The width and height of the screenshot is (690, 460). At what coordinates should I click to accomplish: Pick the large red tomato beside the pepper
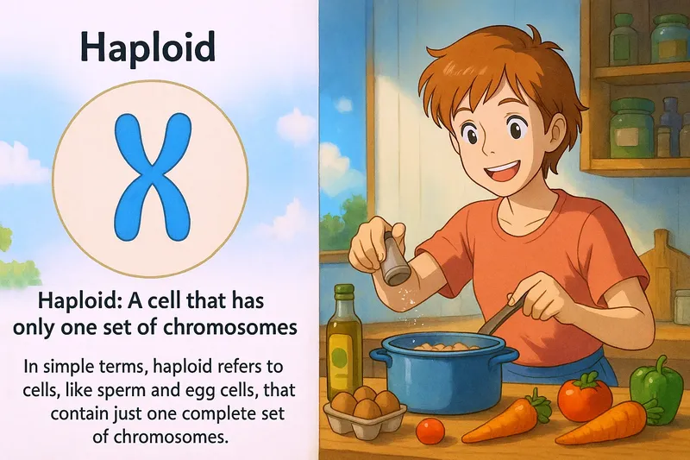(x=584, y=399)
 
